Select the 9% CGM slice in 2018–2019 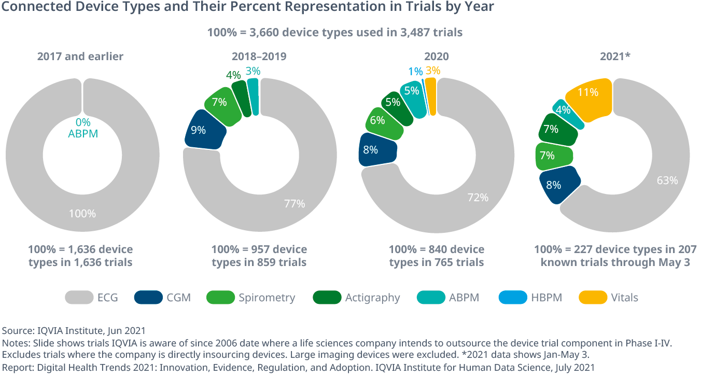(205, 130)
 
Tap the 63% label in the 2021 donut (667, 180)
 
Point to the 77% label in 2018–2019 (294, 204)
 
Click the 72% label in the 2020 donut (478, 198)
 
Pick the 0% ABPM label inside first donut (82, 128)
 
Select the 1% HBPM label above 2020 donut (415, 72)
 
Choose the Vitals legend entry (624, 298)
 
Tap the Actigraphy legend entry (372, 298)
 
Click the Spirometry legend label (267, 298)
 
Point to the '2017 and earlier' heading (80, 57)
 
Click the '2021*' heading (615, 57)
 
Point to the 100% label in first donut (82, 213)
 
